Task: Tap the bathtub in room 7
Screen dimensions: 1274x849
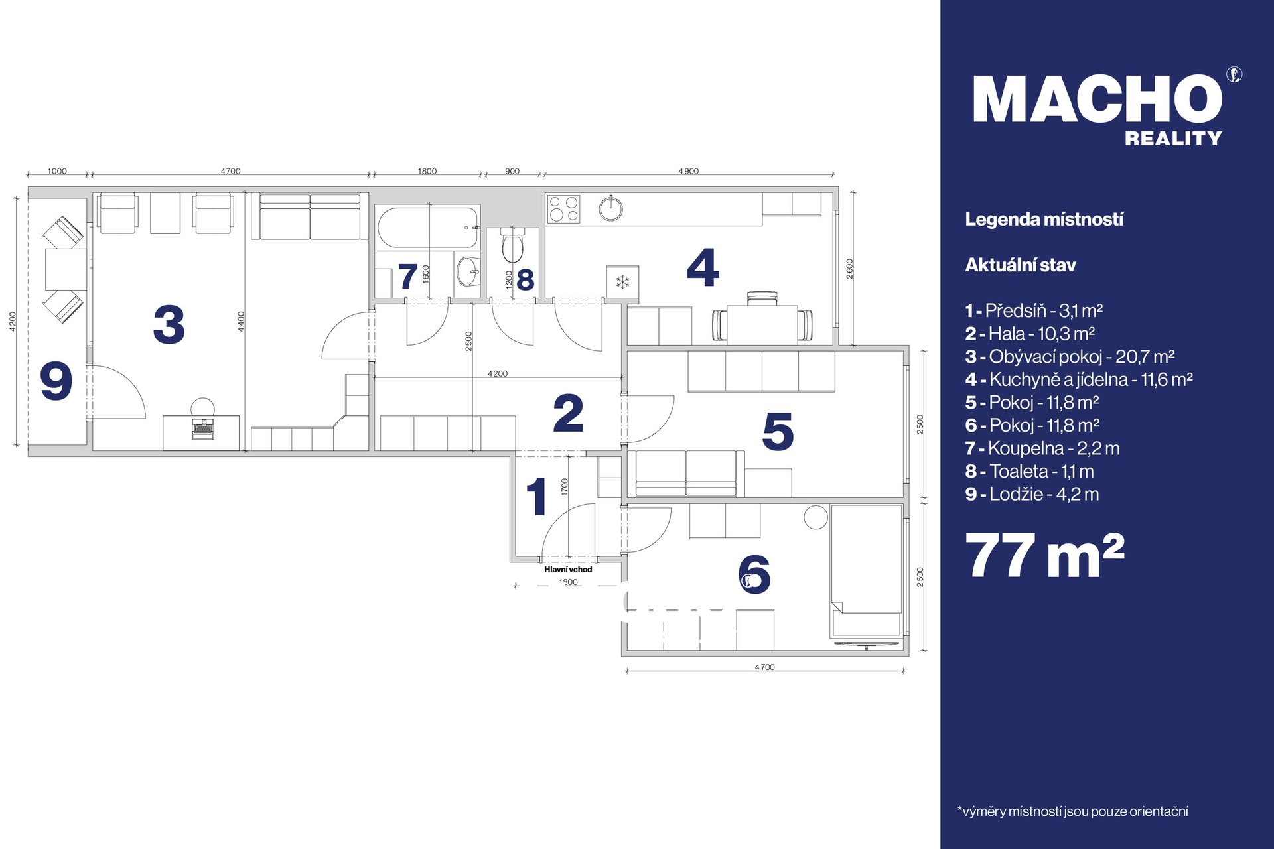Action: [x=428, y=228]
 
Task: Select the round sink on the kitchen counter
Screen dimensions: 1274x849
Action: [x=610, y=208]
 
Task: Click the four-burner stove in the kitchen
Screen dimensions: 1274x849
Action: [x=563, y=209]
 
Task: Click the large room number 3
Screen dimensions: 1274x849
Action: [x=169, y=324]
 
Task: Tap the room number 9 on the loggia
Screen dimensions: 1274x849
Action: [x=56, y=381]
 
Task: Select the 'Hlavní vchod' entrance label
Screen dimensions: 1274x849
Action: [x=568, y=569]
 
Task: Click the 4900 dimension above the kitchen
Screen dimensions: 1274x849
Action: [x=689, y=171]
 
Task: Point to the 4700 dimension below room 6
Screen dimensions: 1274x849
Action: [x=764, y=667]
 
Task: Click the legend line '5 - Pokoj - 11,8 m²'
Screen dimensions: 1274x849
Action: [x=1032, y=403]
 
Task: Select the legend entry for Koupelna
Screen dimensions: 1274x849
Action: [x=1042, y=448]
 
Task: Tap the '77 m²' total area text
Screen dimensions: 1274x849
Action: [x=1045, y=556]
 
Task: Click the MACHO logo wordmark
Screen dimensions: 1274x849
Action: [x=1098, y=99]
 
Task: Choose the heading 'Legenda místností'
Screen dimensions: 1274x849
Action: [x=1044, y=220]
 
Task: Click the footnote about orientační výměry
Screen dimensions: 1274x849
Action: [x=1072, y=811]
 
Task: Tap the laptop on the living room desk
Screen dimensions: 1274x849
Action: [x=202, y=428]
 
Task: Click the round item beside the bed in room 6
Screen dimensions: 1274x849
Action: [x=815, y=517]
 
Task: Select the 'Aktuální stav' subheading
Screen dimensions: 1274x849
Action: [x=1021, y=265]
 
